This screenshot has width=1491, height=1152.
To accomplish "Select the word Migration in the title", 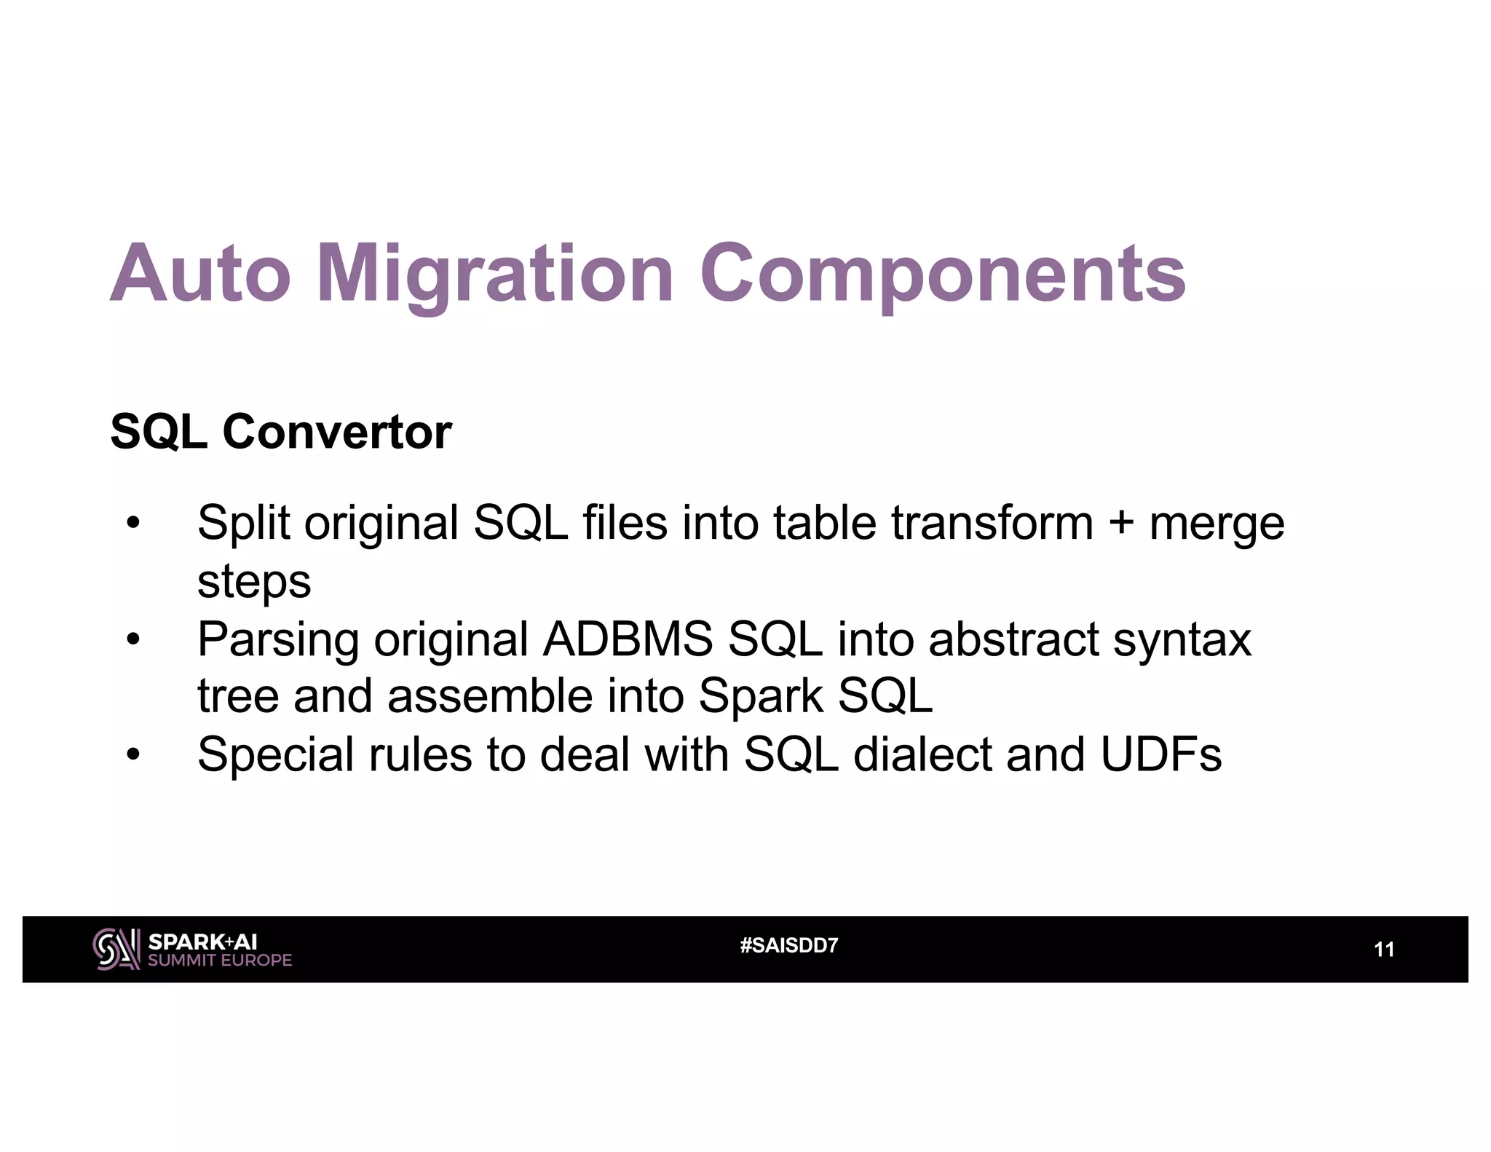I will pyautogui.click(x=495, y=275).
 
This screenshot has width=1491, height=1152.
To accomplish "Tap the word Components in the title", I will pyautogui.click(x=943, y=275).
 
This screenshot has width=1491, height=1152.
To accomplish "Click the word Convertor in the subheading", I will pyautogui.click(x=337, y=432).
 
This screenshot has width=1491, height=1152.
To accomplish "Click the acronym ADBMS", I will pyautogui.click(x=627, y=639).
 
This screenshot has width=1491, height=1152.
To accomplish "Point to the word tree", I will pyautogui.click(x=237, y=696).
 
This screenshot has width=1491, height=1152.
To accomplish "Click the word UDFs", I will pyautogui.click(x=1161, y=754).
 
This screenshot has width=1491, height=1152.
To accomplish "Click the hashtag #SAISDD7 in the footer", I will pyautogui.click(x=788, y=946).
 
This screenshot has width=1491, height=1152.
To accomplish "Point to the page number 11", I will pyautogui.click(x=1383, y=950).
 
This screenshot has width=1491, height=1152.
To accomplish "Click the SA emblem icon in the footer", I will pyautogui.click(x=116, y=949).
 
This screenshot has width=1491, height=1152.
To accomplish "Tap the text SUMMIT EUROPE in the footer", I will pyautogui.click(x=219, y=960).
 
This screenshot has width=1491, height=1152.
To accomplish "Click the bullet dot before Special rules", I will pyautogui.click(x=133, y=755).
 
